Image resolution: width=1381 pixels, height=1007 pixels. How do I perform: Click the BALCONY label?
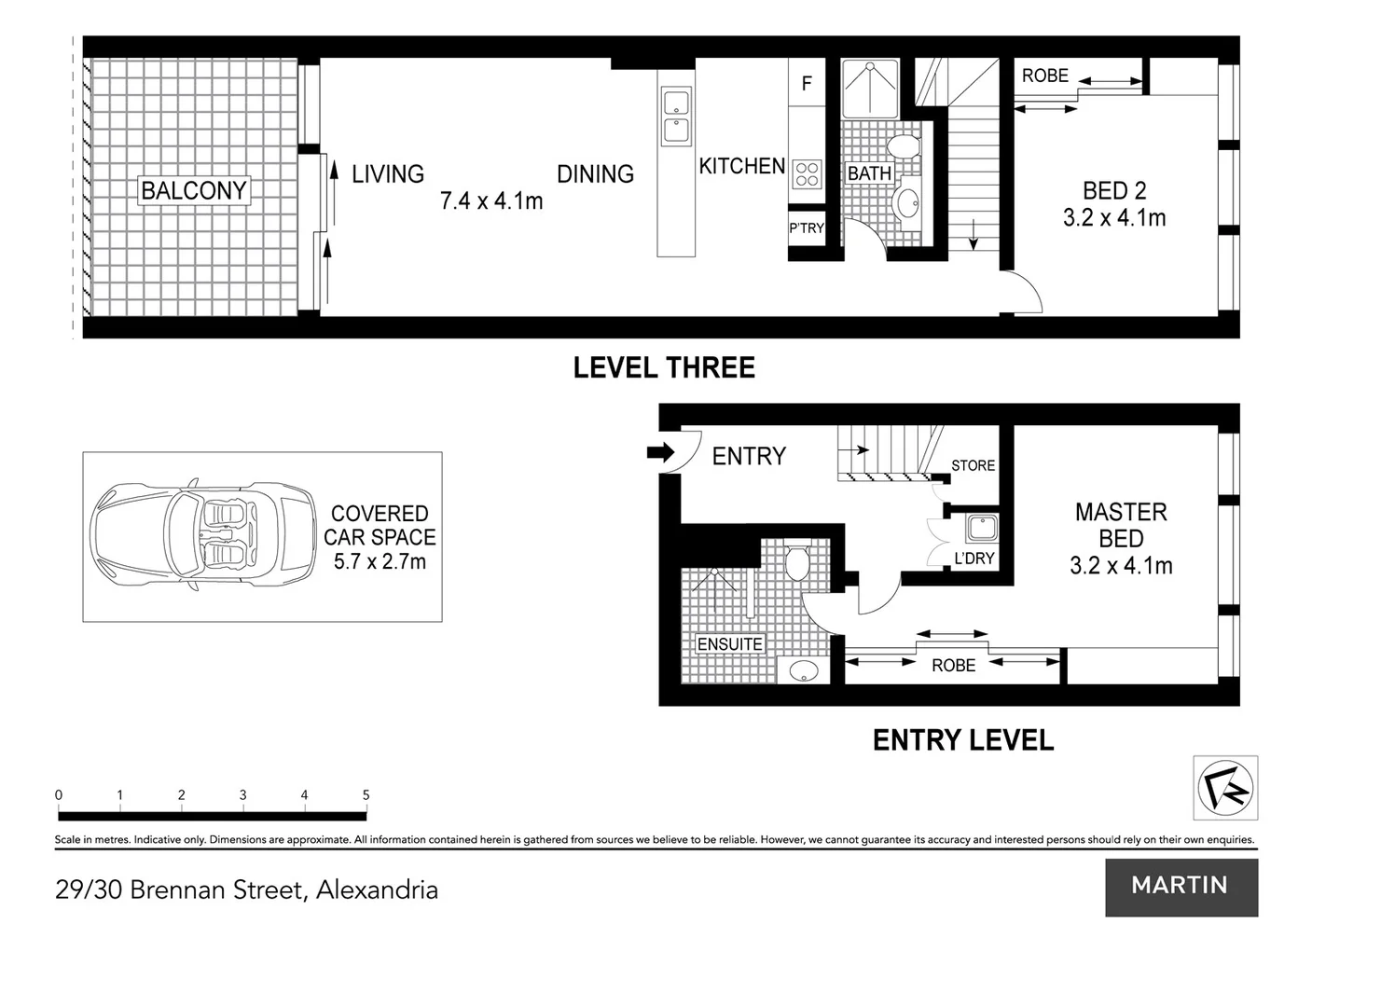click(x=194, y=190)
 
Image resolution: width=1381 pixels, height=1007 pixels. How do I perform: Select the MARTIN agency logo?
click(x=1181, y=887)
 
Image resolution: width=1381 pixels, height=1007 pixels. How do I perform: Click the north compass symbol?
click(x=1225, y=788)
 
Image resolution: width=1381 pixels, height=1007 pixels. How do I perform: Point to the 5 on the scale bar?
click(x=366, y=795)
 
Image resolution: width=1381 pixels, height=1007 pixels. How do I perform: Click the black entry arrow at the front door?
click(x=660, y=452)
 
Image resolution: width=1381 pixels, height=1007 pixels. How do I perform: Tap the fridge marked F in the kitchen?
click(x=807, y=83)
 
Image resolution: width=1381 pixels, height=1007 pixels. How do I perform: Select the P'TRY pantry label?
click(x=807, y=228)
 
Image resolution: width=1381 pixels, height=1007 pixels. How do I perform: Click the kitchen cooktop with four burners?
click(x=807, y=173)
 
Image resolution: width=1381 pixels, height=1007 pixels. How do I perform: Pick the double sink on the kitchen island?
click(x=676, y=117)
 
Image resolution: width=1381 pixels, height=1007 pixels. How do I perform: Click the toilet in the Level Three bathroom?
click(x=902, y=147)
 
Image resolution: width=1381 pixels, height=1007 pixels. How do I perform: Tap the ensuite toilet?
click(x=796, y=563)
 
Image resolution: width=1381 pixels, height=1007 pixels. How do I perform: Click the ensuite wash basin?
click(x=803, y=669)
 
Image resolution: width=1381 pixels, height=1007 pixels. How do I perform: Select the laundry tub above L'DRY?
click(x=982, y=529)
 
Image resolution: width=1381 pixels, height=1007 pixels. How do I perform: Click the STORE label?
click(x=973, y=465)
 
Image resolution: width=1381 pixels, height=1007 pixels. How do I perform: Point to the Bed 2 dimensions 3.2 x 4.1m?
click(x=1114, y=218)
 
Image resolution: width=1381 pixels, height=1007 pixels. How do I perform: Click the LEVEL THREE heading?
click(x=664, y=367)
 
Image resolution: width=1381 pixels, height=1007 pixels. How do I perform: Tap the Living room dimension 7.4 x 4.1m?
click(x=491, y=200)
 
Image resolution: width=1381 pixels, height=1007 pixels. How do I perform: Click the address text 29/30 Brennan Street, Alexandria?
click(x=247, y=890)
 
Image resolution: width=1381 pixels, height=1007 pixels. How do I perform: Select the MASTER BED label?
click(x=1121, y=525)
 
